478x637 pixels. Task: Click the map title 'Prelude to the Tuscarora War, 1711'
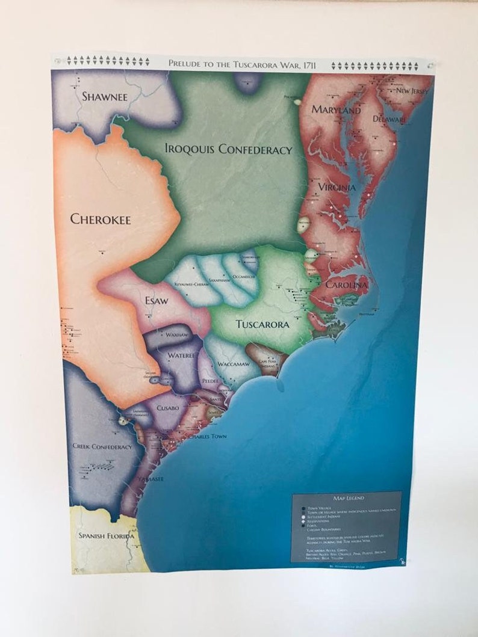[x=243, y=63]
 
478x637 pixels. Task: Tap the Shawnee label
[x=105, y=96]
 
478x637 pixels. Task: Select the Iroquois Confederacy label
[x=228, y=149]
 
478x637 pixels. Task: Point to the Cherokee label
[x=101, y=219]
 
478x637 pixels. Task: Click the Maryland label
[x=336, y=109]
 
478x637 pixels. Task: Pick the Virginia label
[x=337, y=187]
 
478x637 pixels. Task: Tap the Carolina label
[x=346, y=285]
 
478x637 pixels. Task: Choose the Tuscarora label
[x=262, y=324]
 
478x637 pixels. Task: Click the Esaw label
[x=157, y=300]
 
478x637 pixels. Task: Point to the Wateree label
[x=181, y=355]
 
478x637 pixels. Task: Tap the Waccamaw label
[x=233, y=365]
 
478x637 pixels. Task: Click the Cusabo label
[x=168, y=407]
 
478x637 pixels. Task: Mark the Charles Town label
[x=206, y=436]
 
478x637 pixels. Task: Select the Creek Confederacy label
[x=102, y=446]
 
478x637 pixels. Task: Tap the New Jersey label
[x=412, y=91]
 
